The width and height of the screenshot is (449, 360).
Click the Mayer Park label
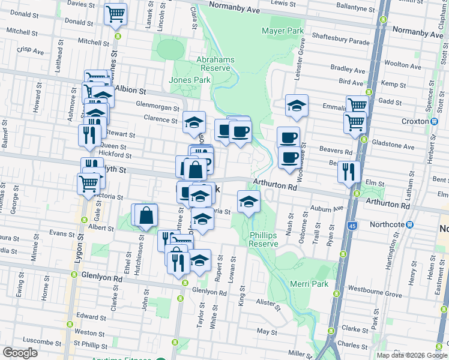pos(283,31)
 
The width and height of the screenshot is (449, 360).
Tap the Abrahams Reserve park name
pos(214,64)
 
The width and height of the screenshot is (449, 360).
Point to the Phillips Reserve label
pos(264,239)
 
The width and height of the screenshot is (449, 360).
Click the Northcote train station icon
pos(410,224)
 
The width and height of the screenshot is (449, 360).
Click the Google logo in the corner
pos(20,352)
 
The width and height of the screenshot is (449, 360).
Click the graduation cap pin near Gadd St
pos(297,106)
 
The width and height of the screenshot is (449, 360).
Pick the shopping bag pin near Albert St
pos(146,215)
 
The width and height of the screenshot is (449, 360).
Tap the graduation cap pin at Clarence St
pos(194,122)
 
